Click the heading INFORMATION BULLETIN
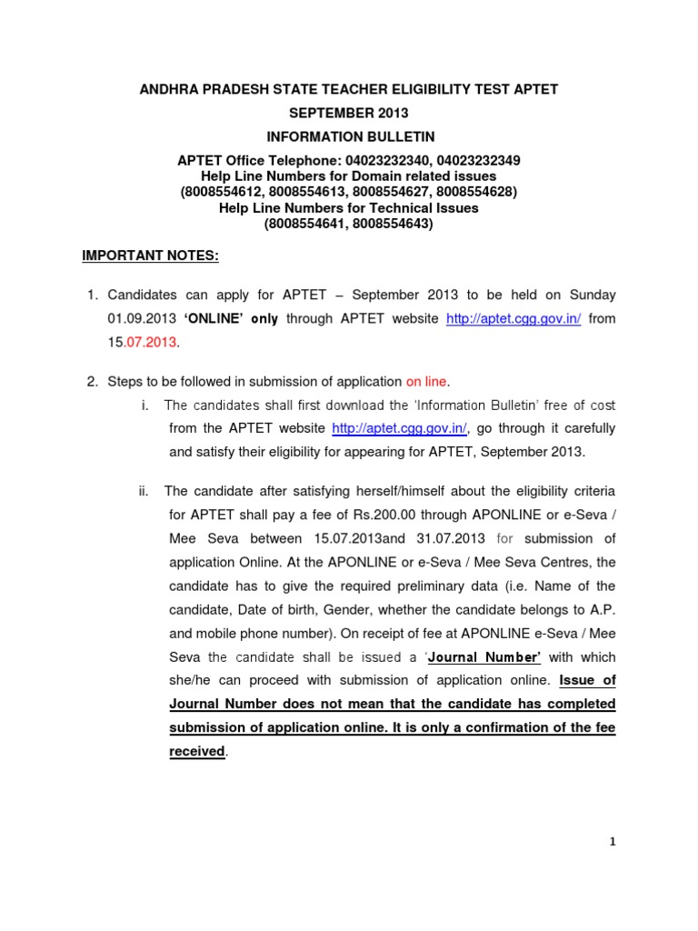pos(350,136)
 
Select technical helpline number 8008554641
pos(308,223)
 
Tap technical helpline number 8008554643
pos(391,223)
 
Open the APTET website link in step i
pos(399,428)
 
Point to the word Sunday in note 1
pos(593,295)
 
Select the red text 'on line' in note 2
pos(426,381)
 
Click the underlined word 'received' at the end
pos(196,752)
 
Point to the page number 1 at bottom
pos(613,842)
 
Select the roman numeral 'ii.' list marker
pos(144,492)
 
